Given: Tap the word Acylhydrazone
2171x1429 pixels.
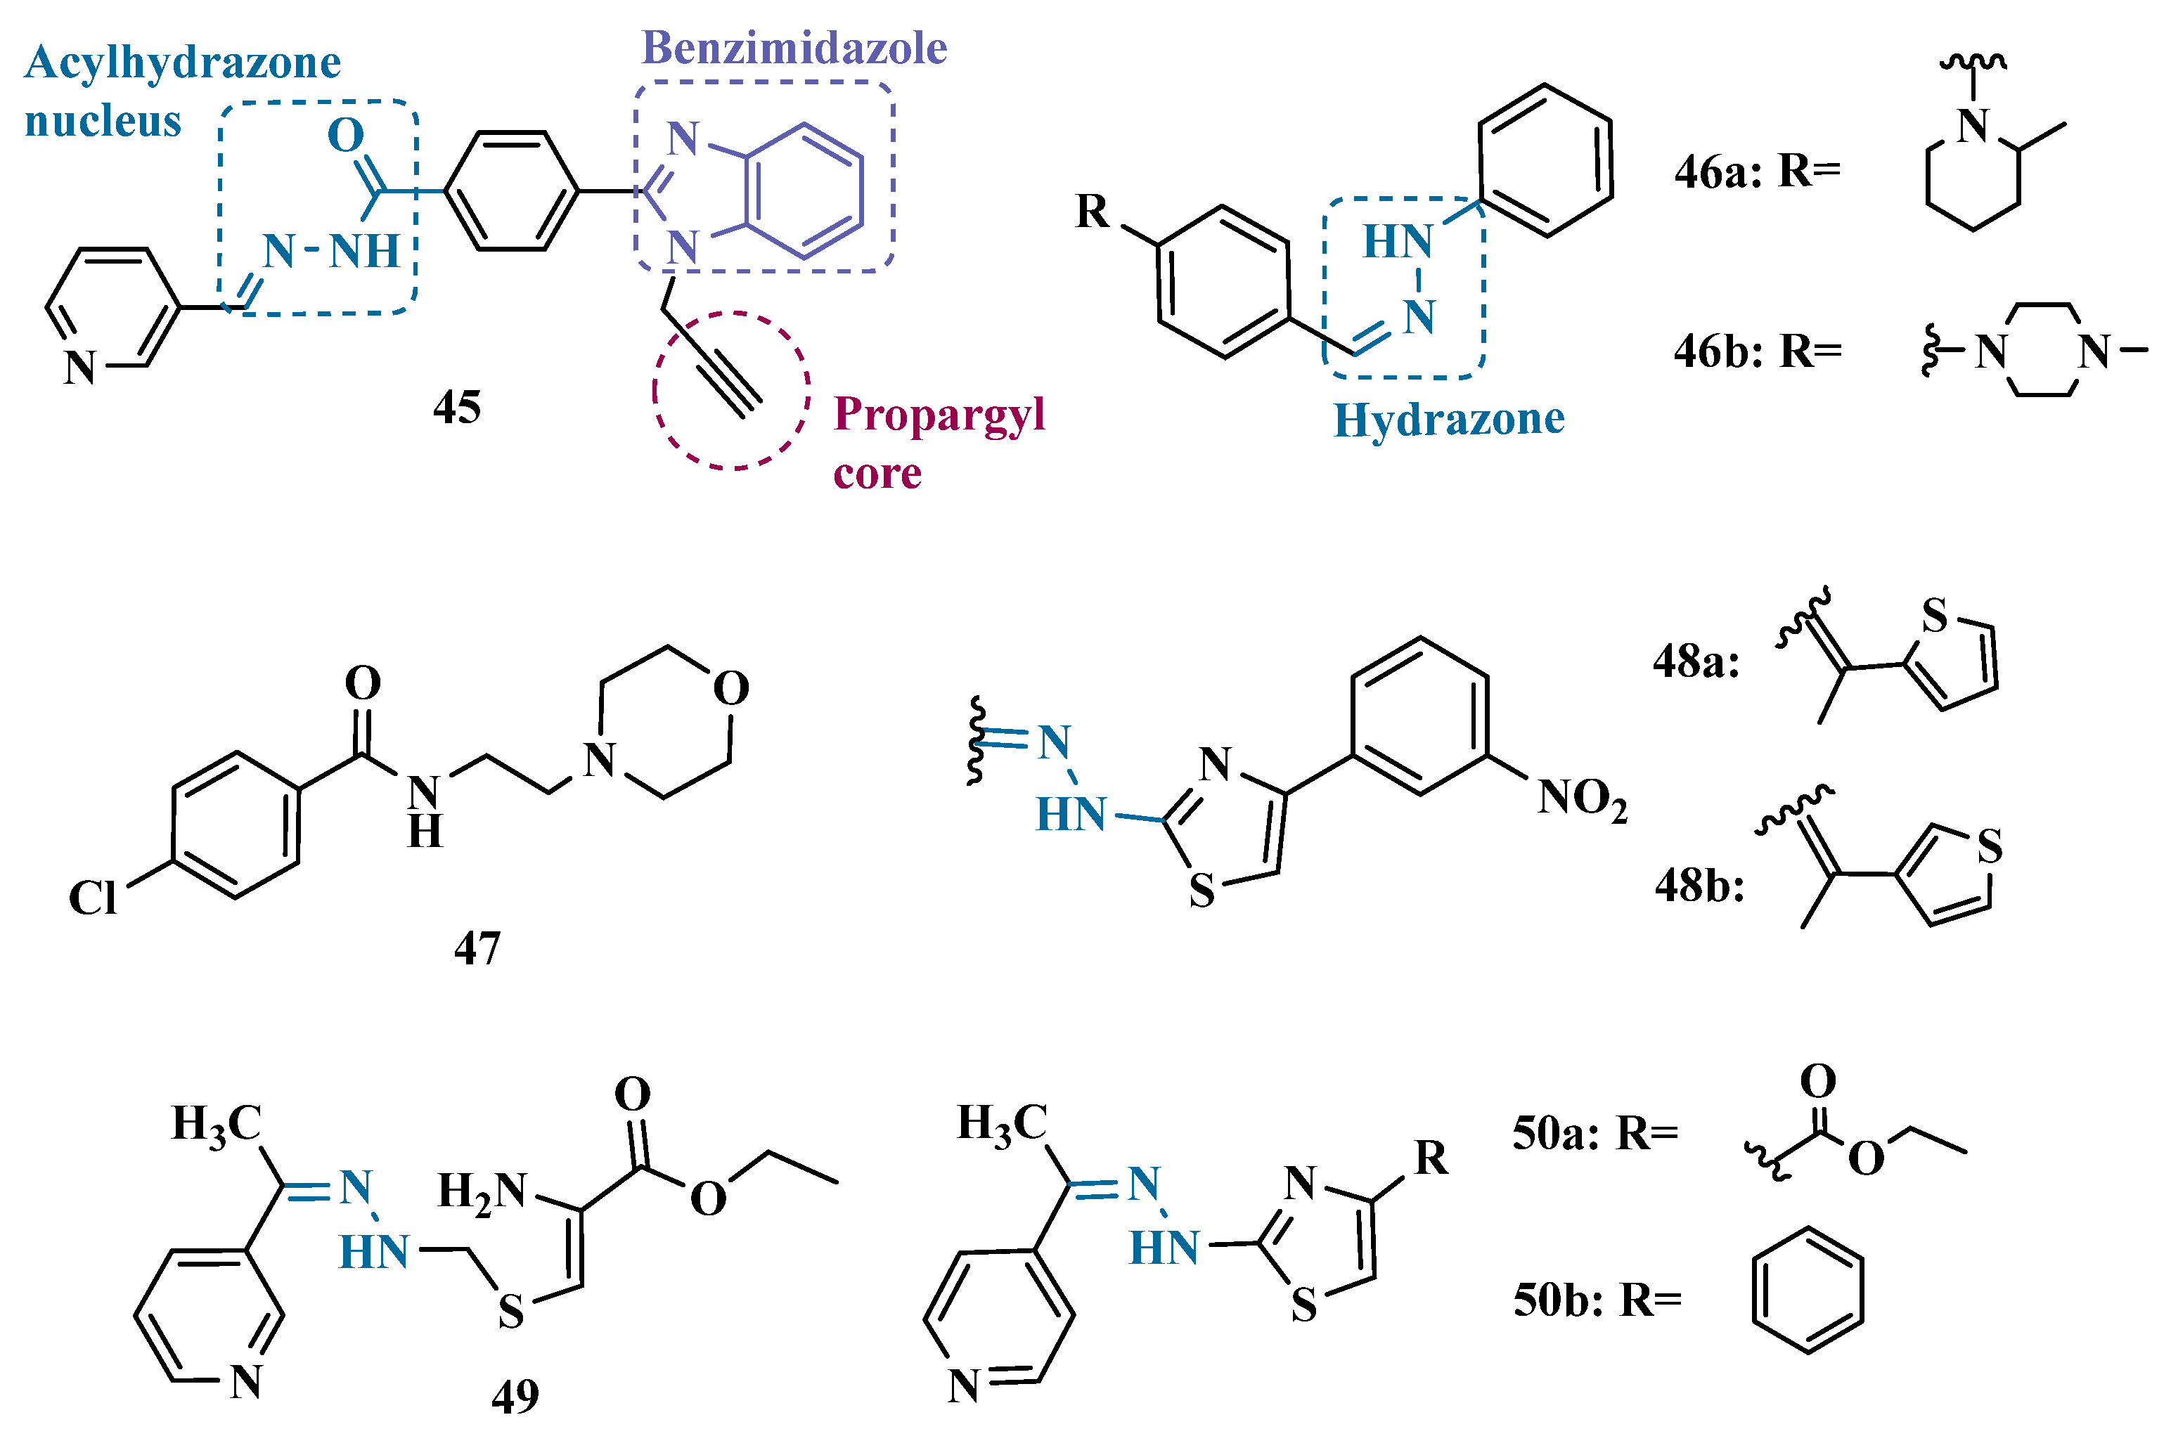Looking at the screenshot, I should (x=182, y=63).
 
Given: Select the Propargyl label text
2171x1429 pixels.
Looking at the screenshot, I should (x=939, y=415).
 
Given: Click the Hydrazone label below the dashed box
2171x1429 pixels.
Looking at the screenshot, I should (x=1448, y=420).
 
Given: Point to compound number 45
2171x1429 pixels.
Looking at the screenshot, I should (x=456, y=407).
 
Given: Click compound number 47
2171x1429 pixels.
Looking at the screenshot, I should (x=477, y=948).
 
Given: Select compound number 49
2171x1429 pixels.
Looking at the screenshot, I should (x=515, y=1395).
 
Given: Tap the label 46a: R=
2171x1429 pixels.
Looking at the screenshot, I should (x=1757, y=172).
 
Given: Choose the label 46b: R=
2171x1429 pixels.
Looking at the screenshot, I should (x=1757, y=351).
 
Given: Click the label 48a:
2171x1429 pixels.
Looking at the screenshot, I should (x=1696, y=661).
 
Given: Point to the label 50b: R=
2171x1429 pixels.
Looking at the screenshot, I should (x=1597, y=1300).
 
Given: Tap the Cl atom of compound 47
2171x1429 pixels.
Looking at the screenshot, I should (x=92, y=898).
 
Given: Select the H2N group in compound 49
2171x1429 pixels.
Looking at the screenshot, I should (x=482, y=1191).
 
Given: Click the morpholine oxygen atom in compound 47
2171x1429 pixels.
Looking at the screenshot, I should (x=730, y=689).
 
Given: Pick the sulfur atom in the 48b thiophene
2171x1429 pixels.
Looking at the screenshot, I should (x=1990, y=846).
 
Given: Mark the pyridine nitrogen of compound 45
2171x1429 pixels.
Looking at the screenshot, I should (x=80, y=368).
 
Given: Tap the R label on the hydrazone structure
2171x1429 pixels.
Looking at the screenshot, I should (x=1092, y=212).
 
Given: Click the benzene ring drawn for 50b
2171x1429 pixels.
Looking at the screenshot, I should (x=1807, y=1291).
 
